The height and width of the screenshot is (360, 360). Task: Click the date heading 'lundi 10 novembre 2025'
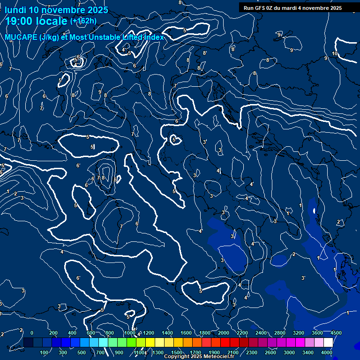(56, 10)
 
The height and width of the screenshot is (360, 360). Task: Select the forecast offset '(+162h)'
(83, 21)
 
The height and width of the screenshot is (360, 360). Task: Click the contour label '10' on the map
(335, 54)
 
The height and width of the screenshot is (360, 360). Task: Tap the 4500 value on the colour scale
(336, 333)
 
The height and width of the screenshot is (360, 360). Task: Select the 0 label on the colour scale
(31, 333)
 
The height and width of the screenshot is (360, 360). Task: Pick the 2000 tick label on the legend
(224, 333)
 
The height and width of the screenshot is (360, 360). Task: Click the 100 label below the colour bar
(44, 352)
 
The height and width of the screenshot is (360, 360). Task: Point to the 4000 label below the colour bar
(327, 352)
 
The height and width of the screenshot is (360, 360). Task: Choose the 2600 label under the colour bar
(270, 352)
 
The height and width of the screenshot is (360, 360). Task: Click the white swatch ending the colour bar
(341, 343)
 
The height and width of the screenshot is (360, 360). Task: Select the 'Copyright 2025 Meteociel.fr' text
(199, 357)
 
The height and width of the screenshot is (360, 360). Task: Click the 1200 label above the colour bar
(148, 333)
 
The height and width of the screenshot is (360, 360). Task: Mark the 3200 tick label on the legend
(299, 333)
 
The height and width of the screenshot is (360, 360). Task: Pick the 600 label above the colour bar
(91, 333)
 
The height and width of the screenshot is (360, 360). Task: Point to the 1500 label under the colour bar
(177, 352)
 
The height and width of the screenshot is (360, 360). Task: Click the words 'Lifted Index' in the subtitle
(144, 37)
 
